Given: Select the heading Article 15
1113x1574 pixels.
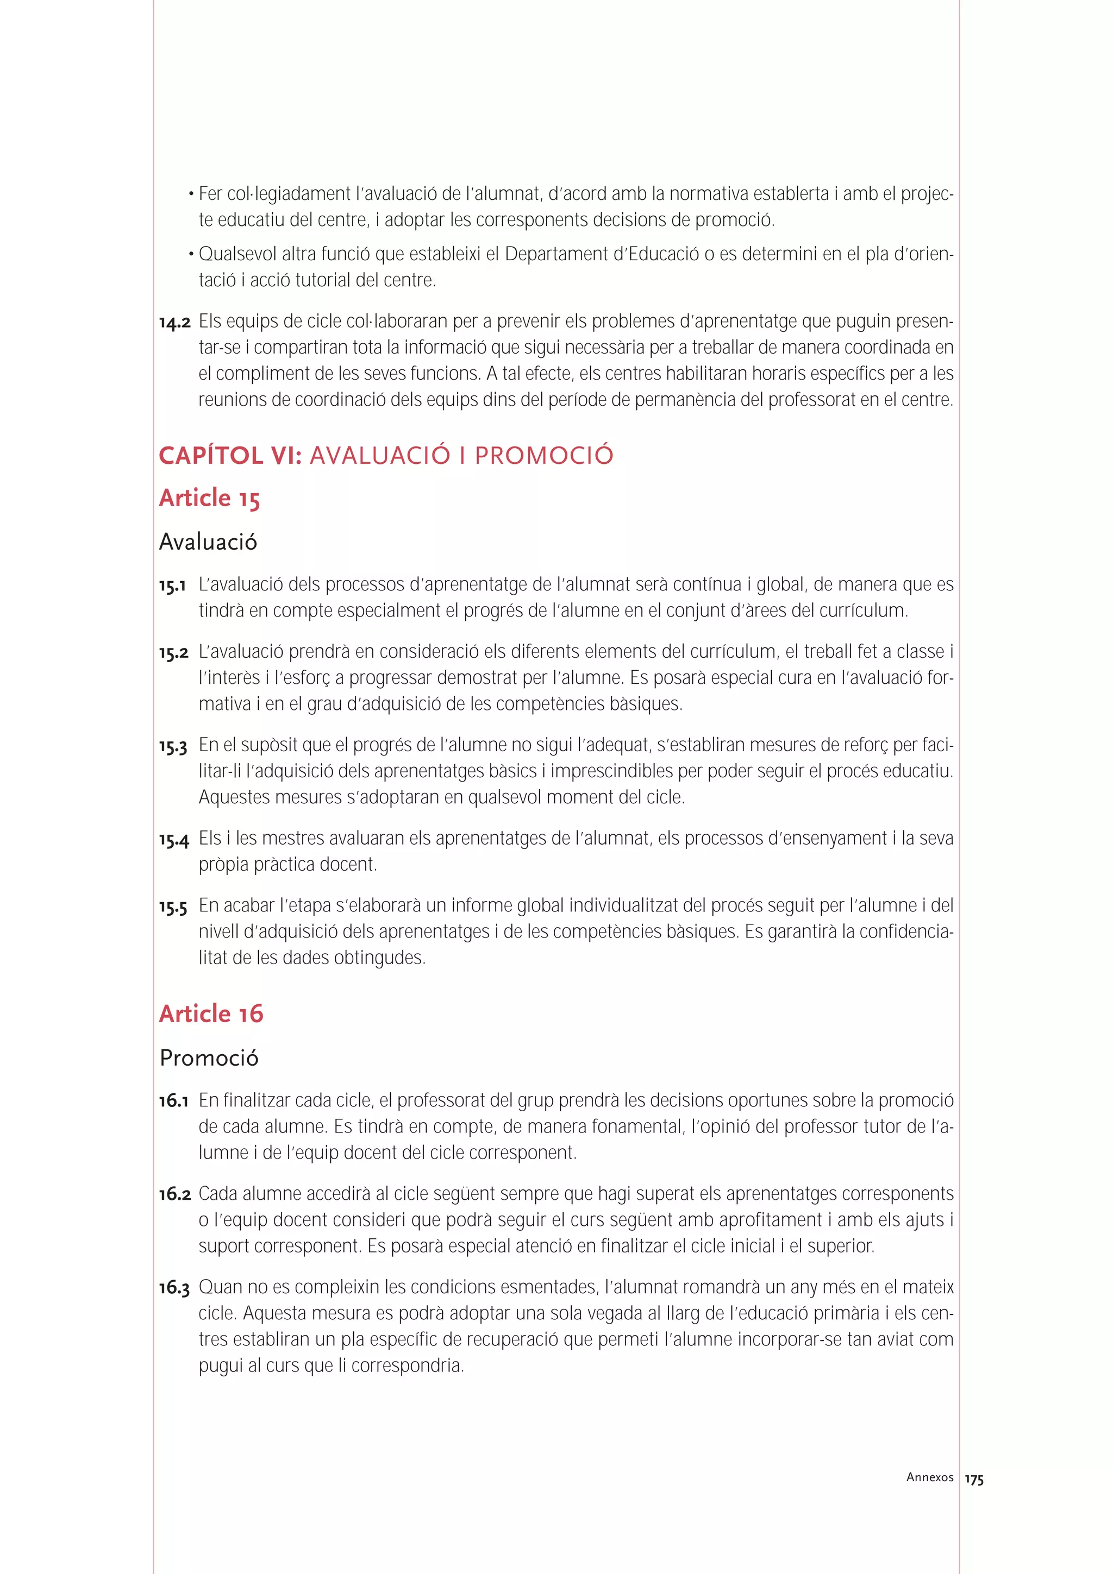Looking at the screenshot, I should [x=209, y=499].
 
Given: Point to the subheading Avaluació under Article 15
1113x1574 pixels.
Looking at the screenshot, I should [x=208, y=542].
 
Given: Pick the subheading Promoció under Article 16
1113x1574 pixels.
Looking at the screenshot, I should [x=209, y=1058].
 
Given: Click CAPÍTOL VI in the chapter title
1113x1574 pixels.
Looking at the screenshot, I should [x=230, y=456].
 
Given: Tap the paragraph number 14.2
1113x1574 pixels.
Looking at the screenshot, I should [x=174, y=322].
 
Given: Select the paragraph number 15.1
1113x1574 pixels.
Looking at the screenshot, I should [x=172, y=586].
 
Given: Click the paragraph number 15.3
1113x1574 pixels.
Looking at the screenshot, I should [x=173, y=747].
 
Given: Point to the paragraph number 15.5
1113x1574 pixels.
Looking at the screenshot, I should [x=173, y=907].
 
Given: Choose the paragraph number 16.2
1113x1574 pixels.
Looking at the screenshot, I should [x=174, y=1194].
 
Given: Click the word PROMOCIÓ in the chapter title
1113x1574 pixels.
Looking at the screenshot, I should [x=544, y=456].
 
